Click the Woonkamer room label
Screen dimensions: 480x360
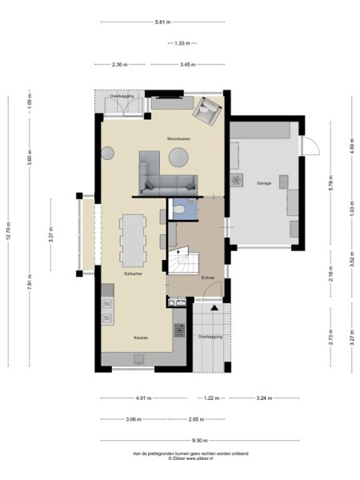pos(178,138)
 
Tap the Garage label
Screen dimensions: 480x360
pos(264,183)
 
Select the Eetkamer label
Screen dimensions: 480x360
pos(133,274)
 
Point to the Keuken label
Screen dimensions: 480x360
pos(139,338)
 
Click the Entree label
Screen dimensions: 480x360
pos(207,277)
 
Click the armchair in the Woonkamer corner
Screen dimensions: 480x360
pos(209,112)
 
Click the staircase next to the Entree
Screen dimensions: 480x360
pos(182,261)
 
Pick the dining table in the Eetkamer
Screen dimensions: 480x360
pos(133,238)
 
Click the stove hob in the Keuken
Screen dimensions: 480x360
pos(179,329)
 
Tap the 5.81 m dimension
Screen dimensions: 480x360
pos(162,22)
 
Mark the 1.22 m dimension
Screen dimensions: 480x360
pos(210,398)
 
